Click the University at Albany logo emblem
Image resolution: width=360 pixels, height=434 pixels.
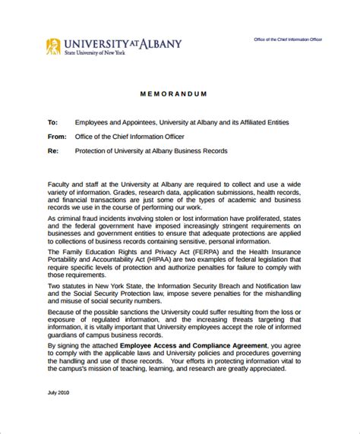point(53,46)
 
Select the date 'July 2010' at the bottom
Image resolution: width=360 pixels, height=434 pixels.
point(58,413)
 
